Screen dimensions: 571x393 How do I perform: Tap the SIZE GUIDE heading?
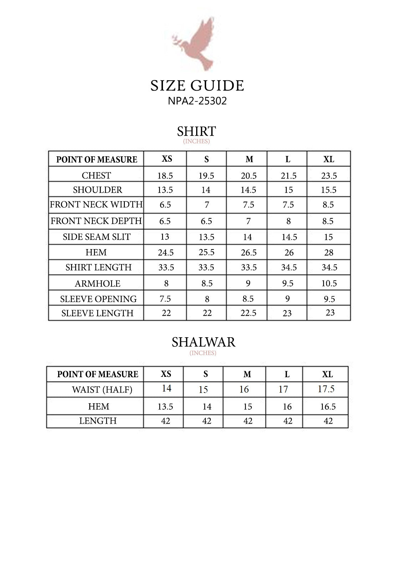197,86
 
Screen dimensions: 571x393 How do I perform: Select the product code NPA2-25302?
197,101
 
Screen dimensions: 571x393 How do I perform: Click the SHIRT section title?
196,131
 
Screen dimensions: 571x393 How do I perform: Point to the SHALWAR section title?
203,342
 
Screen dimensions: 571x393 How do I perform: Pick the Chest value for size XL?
329,176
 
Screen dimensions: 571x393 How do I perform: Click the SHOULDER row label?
97,190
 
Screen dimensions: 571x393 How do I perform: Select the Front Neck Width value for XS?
165,205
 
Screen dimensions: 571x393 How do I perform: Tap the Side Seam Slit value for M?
248,237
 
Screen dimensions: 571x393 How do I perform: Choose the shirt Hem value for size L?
289,253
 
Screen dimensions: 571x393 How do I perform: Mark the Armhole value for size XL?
329,283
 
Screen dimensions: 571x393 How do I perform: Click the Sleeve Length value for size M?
248,313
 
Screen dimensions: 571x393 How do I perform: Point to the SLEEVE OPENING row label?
98,299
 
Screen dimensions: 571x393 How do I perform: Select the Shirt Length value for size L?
289,267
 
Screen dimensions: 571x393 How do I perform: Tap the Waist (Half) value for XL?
326,389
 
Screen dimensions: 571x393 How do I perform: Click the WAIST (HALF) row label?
102,390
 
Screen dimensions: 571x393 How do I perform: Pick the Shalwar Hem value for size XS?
165,407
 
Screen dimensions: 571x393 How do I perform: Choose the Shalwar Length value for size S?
207,421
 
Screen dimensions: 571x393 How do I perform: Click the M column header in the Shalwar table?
247,374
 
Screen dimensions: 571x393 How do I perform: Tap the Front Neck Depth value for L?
289,221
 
